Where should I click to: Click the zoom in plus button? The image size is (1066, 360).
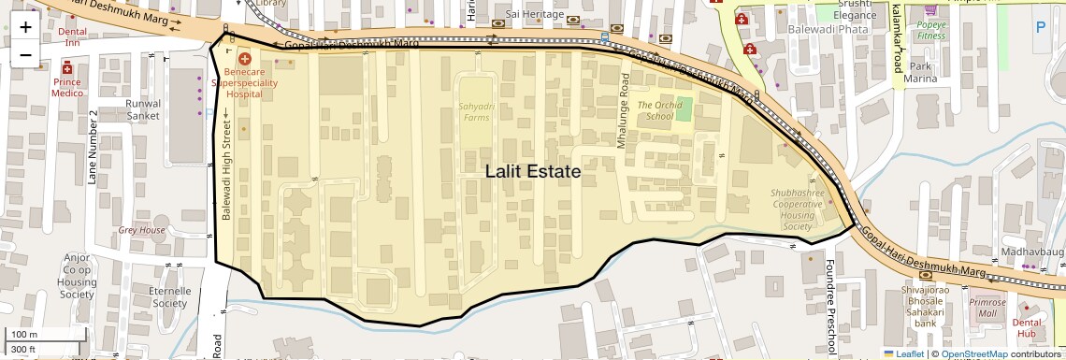(25, 27)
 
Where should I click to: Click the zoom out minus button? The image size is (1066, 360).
(25, 54)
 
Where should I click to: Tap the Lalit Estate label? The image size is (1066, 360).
(533, 172)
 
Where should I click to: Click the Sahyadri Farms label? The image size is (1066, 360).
(474, 112)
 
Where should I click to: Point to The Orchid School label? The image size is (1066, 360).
(655, 110)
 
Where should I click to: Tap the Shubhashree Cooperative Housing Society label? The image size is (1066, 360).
(797, 209)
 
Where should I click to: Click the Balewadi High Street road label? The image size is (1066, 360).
(225, 165)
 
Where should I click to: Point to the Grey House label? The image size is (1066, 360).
(141, 230)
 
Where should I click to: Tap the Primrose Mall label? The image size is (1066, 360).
(987, 308)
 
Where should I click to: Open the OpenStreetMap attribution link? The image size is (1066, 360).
(973, 353)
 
